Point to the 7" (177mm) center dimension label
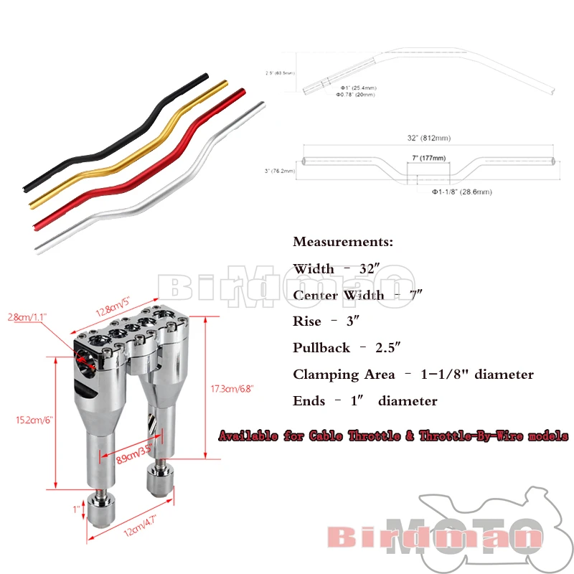tap(428, 158)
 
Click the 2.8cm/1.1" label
tap(26, 316)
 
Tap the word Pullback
tap(321, 348)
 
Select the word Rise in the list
tap(306, 321)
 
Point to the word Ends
tap(309, 401)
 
